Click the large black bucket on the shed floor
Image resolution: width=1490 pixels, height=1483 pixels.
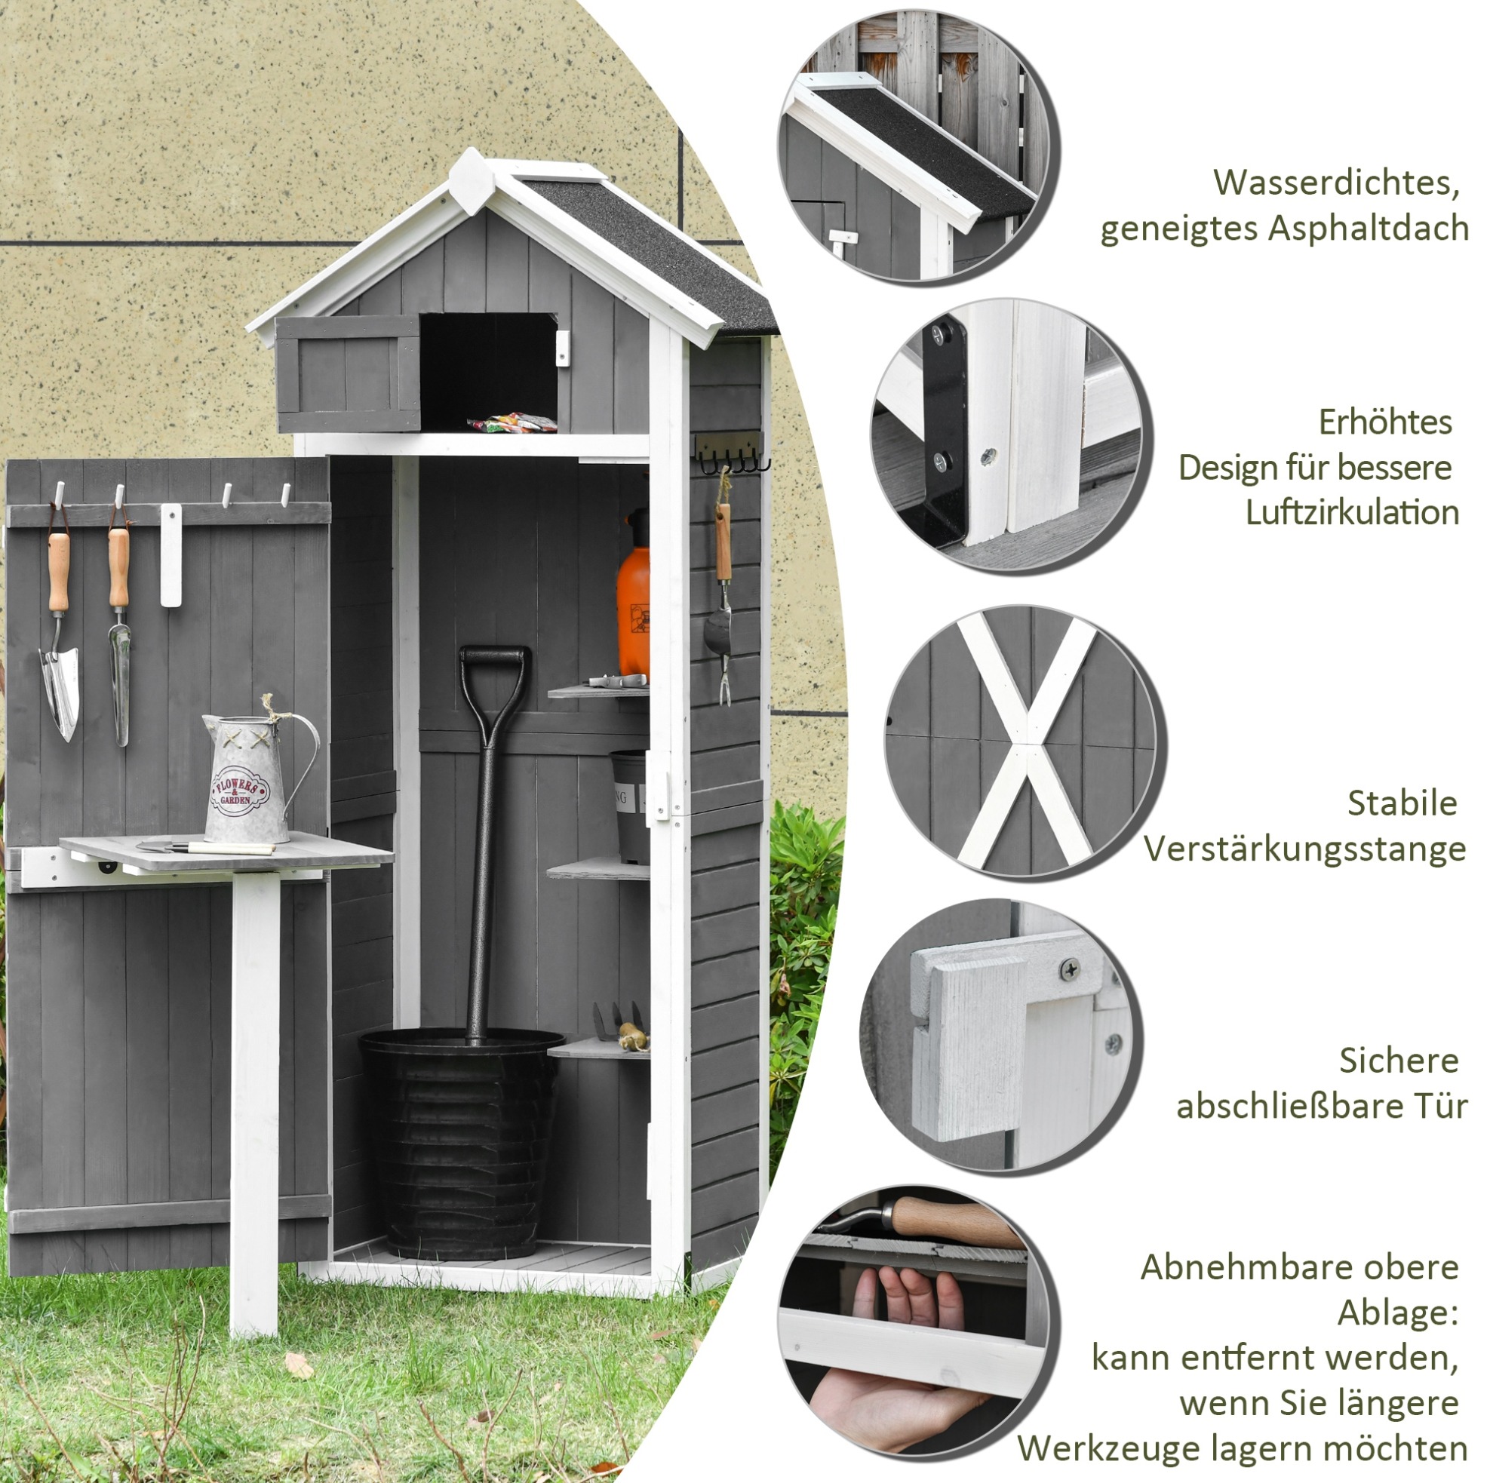461,1142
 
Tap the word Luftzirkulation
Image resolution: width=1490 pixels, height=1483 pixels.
1351,513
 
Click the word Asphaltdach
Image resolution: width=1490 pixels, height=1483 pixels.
1368,229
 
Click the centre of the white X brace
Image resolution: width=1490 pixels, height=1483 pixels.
1026,741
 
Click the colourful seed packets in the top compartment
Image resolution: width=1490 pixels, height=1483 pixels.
512,422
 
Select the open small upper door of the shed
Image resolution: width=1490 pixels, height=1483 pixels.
348,373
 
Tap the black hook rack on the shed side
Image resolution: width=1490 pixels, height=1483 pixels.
731,453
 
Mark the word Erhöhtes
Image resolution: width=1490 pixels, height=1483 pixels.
1385,422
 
